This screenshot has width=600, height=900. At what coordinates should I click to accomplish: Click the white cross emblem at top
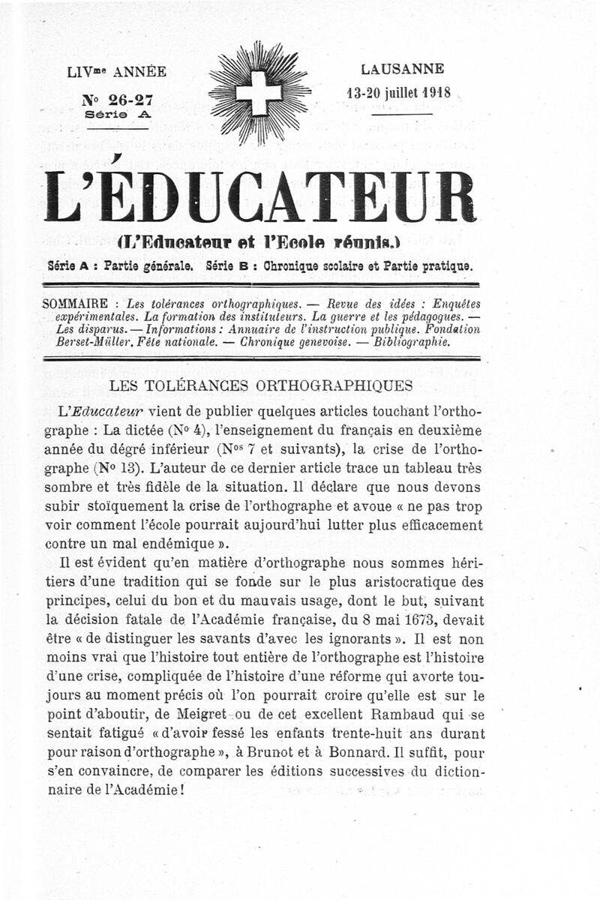tap(259, 93)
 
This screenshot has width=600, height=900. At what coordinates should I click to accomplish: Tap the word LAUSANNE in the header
tap(402, 69)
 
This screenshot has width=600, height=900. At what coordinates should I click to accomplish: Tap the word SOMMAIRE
tap(78, 304)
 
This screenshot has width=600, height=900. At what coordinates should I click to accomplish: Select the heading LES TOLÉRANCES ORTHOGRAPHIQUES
tap(261, 385)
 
